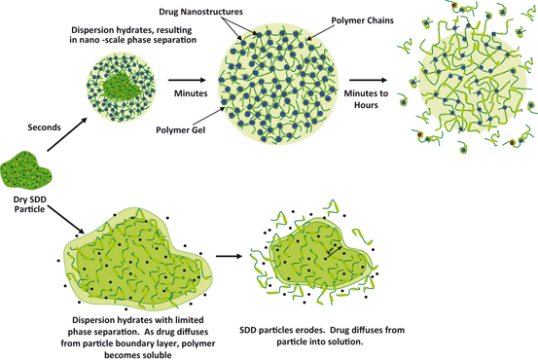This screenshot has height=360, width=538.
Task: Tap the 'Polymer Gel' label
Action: click(175, 127)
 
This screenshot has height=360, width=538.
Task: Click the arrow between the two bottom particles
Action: click(228, 257)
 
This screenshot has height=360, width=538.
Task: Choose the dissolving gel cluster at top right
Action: click(473, 84)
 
